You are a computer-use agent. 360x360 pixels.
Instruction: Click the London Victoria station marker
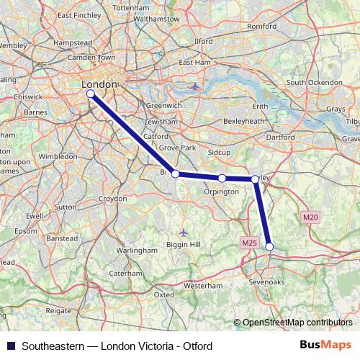90,94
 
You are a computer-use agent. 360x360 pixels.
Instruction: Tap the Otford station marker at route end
269,247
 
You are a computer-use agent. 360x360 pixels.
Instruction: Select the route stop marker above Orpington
222,178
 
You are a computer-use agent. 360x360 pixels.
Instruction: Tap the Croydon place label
112,198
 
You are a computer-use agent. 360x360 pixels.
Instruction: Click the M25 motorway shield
249,243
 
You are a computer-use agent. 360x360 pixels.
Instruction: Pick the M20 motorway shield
310,217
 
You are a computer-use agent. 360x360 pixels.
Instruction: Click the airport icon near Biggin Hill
184,232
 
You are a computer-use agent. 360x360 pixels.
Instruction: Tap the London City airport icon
196,86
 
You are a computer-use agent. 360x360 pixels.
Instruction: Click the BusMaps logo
328,346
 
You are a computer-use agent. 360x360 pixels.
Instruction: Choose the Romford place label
261,27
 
